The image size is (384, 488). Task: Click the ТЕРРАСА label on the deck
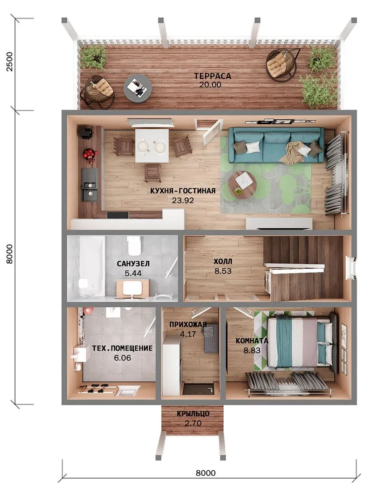pos(212,76)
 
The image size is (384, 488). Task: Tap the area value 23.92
pos(183,201)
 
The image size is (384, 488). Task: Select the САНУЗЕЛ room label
pos(133,263)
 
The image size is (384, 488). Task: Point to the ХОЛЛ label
pos(223,262)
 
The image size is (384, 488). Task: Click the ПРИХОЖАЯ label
pos(188,324)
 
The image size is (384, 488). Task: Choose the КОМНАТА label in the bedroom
pos(252,341)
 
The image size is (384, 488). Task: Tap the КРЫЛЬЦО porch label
pos(193,414)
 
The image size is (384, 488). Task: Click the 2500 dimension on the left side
pos(9,61)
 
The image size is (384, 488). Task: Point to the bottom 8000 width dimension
pos(206,473)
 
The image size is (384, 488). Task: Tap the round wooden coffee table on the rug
pos(242,185)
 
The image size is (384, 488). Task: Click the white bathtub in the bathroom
pos(91,267)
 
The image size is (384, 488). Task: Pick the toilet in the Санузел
pos(134,246)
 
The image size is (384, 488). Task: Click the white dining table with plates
pos(152,145)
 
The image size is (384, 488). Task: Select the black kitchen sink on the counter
pos(89,185)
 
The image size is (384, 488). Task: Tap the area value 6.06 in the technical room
pos(122,358)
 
